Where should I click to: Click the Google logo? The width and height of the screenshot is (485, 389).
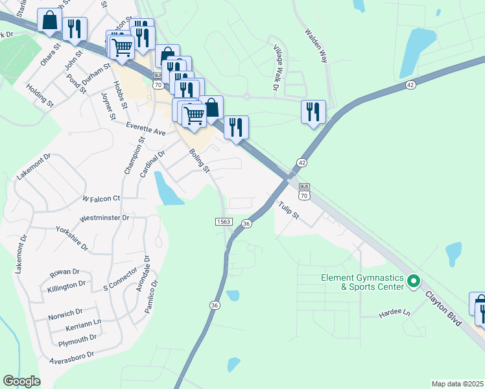tap(21, 381)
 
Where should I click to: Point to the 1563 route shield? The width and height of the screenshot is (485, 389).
tap(224, 222)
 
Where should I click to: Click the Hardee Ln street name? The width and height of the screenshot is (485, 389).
tap(395, 313)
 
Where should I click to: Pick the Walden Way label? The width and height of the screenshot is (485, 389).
tap(316, 45)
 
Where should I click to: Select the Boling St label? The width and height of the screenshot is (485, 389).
tap(199, 160)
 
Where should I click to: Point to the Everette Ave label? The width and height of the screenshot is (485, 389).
tap(146, 128)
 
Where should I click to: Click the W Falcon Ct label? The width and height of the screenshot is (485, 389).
tap(101, 198)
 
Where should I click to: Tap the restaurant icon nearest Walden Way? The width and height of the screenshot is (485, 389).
tap(313, 111)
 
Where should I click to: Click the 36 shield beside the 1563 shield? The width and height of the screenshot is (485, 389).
tap(246, 223)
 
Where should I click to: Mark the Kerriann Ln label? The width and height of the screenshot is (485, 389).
tap(84, 322)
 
